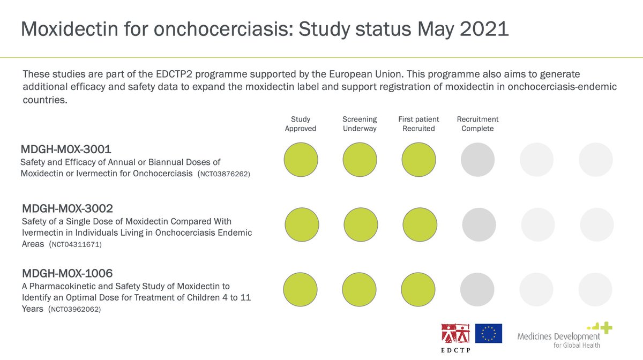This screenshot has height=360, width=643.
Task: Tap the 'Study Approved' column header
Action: pyautogui.click(x=301, y=124)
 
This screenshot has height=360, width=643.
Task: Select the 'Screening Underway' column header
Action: pyautogui.click(x=360, y=124)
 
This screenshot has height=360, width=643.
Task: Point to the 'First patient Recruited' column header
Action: pyautogui.click(x=418, y=124)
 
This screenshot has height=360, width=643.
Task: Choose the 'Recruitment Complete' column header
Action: pyautogui.click(x=477, y=124)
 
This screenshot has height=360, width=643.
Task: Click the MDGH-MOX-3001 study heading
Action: pyautogui.click(x=67, y=149)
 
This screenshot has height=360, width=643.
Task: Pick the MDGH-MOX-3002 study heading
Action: pyautogui.click(x=68, y=208)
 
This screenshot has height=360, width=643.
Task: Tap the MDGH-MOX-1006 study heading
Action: pyautogui.click(x=67, y=274)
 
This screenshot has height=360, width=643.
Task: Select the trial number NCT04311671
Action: pyautogui.click(x=75, y=245)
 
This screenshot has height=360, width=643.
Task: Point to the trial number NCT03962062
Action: pyautogui.click(x=74, y=310)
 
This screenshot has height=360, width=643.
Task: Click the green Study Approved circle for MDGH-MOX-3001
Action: pyautogui.click(x=301, y=159)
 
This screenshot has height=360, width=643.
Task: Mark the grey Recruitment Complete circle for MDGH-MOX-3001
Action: pyautogui.click(x=477, y=159)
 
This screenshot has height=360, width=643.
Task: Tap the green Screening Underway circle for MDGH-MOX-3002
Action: pyautogui.click(x=361, y=224)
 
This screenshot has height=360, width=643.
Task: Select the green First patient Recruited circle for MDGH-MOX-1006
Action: pyautogui.click(x=418, y=290)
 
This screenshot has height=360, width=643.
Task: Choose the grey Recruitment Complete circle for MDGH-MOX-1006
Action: pyautogui.click(x=477, y=290)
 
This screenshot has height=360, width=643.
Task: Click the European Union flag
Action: pyautogui.click(x=488, y=333)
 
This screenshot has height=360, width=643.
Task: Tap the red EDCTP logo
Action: pyautogui.click(x=455, y=334)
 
